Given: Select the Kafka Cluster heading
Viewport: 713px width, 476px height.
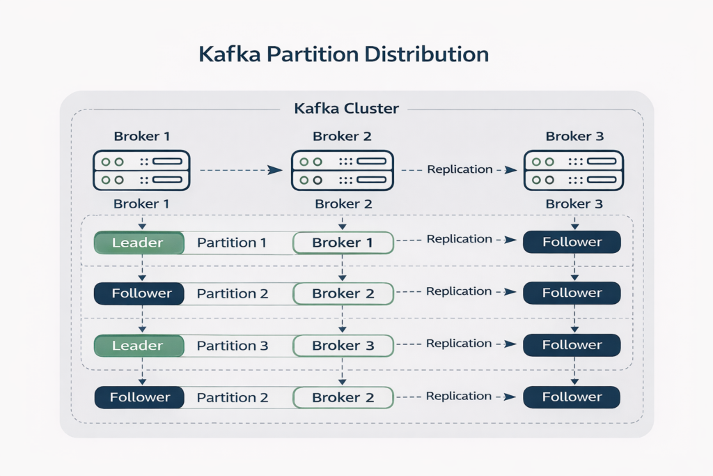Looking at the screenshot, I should pyautogui.click(x=346, y=109).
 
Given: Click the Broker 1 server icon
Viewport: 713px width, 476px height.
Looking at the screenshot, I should pyautogui.click(x=142, y=171).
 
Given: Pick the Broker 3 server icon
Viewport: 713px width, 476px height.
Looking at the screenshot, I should pyautogui.click(x=574, y=171).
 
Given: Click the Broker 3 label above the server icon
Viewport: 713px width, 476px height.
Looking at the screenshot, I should pyautogui.click(x=574, y=137).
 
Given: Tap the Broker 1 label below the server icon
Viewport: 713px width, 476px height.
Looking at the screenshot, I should pyautogui.click(x=142, y=204).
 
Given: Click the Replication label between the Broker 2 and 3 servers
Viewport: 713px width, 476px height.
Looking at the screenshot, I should pyautogui.click(x=459, y=169).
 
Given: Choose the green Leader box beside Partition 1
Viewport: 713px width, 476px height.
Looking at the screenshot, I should pyautogui.click(x=138, y=243).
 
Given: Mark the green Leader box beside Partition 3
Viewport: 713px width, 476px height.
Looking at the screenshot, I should pyautogui.click(x=138, y=346).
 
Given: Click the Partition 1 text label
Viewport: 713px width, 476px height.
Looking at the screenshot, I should pyautogui.click(x=232, y=243).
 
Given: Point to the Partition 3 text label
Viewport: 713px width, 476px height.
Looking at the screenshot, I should pyautogui.click(x=232, y=346).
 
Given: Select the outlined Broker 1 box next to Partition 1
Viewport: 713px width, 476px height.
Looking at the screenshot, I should pyautogui.click(x=343, y=243).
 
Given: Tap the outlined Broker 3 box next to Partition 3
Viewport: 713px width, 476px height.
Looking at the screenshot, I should pyautogui.click(x=343, y=346).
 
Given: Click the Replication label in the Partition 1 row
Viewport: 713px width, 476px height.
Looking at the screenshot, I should pyautogui.click(x=459, y=239).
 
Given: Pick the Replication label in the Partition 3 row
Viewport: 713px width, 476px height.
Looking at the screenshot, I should pyautogui.click(x=459, y=344).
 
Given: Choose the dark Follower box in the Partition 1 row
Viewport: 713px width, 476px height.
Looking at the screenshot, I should pyautogui.click(x=572, y=242).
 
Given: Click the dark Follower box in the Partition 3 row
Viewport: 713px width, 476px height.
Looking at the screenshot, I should pyautogui.click(x=572, y=345).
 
